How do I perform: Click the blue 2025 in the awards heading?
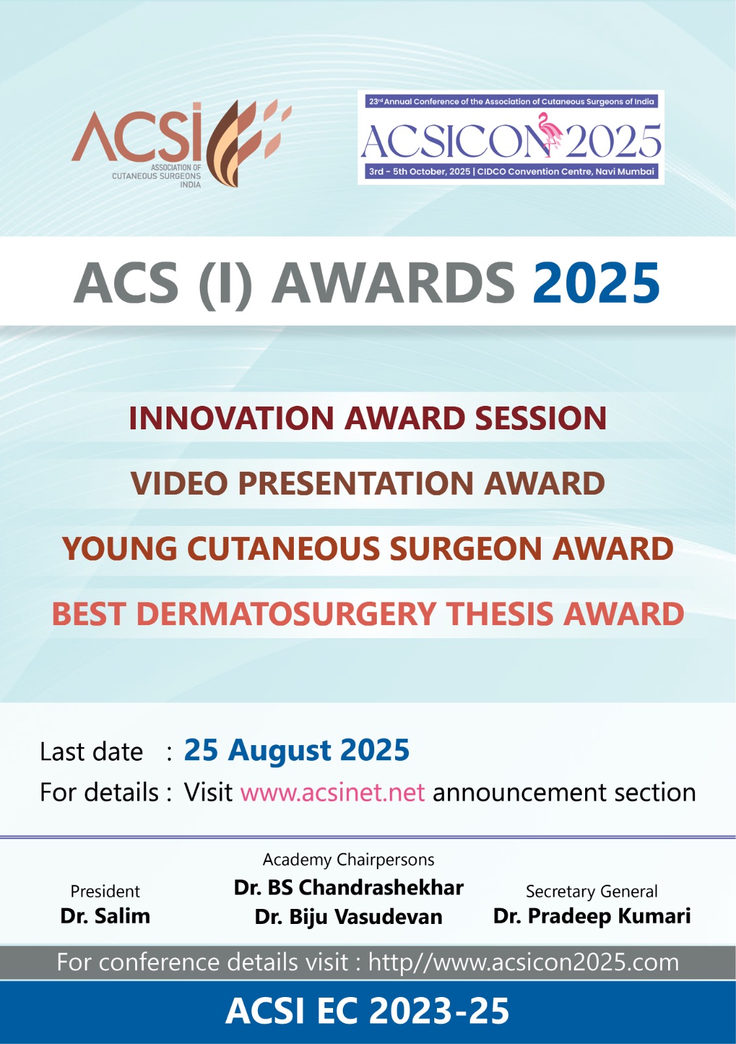click(596, 283)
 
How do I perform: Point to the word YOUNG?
click(120, 548)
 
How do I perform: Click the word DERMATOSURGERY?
click(287, 613)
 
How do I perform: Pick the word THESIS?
click(500, 613)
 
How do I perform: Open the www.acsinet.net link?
click(332, 792)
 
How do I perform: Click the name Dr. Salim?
click(105, 916)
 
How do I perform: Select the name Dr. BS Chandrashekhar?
click(349, 887)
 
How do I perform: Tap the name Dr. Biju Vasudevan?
click(349, 917)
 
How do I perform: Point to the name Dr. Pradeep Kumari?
click(592, 916)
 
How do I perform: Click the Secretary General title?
click(592, 891)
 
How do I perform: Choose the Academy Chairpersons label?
click(349, 859)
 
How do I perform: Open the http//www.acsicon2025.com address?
click(523, 962)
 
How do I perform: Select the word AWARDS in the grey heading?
click(393, 283)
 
